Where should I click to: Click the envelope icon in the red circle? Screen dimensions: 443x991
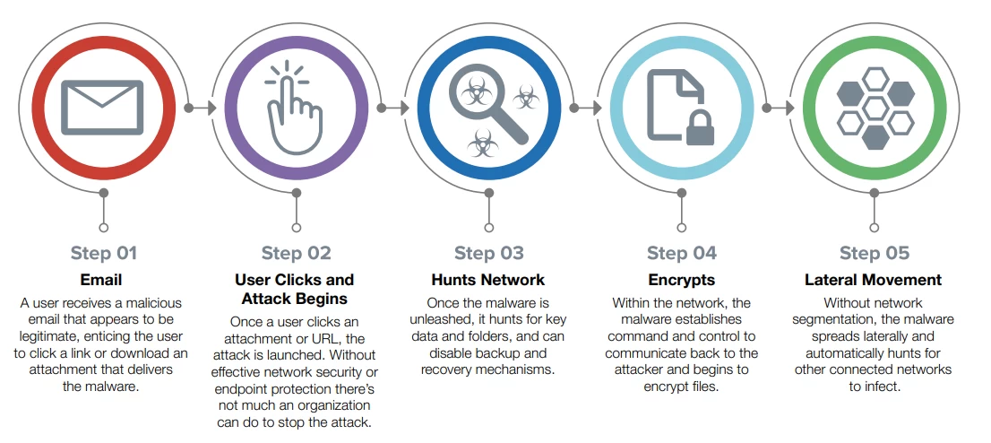[102, 108]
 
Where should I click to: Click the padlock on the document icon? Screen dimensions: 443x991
[699, 128]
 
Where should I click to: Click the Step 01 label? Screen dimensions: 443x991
[104, 253]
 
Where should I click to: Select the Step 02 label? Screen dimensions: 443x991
[296, 253]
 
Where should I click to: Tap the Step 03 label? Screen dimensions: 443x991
[488, 253]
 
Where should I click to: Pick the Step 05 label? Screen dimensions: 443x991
[874, 253]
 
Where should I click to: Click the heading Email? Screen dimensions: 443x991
[101, 280]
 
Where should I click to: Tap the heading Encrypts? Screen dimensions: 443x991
[681, 280]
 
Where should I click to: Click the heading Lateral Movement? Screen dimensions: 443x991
[874, 280]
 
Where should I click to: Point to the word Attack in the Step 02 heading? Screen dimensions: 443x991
[264, 299]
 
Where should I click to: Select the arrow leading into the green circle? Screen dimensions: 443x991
[778, 108]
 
